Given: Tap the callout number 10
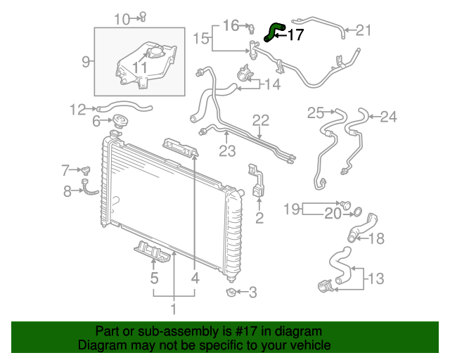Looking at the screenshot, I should pyautogui.click(x=122, y=19).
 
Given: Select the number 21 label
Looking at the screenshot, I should pyautogui.click(x=363, y=30).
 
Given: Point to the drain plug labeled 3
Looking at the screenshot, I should pyautogui.click(x=231, y=291).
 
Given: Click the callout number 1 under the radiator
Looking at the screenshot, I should pyautogui.click(x=173, y=308).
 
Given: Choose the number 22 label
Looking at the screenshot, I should pyautogui.click(x=261, y=120).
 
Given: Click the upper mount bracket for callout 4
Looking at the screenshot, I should pyautogui.click(x=180, y=147).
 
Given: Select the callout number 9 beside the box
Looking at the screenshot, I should pyautogui.click(x=86, y=62).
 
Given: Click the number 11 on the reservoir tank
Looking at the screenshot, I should pyautogui.click(x=141, y=67).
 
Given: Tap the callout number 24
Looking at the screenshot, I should pyautogui.click(x=388, y=117).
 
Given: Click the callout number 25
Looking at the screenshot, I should pyautogui.click(x=316, y=112).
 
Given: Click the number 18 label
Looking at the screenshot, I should pyautogui.click(x=377, y=238).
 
